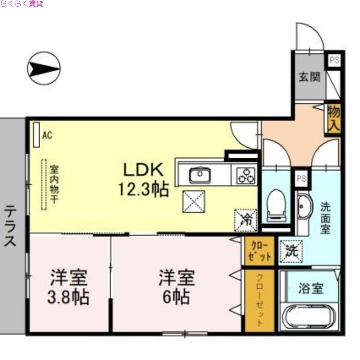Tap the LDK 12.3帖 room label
coord(143,180)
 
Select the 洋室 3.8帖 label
coord(69,287)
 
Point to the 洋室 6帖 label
coord(176,287)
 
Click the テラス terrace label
coord(10,226)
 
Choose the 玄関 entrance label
coord(309,76)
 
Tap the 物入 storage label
coord(333,118)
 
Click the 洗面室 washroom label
coord(325,218)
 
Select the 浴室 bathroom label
coord(310,288)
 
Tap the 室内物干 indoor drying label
coord(54,184)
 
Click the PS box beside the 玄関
coord(334,60)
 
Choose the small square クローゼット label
coord(260,252)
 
